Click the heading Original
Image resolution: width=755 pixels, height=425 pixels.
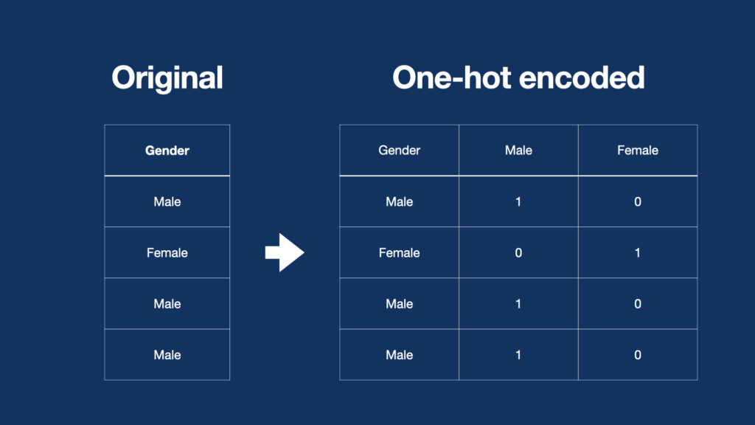(167, 77)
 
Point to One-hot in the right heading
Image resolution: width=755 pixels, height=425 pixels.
(450, 77)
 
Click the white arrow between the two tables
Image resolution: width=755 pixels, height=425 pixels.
(285, 253)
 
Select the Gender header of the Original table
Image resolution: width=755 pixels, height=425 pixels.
(167, 151)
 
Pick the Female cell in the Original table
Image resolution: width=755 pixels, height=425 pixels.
(167, 253)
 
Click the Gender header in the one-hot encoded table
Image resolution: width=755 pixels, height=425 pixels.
(399, 151)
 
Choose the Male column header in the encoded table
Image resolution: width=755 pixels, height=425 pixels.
(518, 151)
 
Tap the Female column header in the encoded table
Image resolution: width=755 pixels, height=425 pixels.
(637, 151)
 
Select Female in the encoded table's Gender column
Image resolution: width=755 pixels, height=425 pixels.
(399, 253)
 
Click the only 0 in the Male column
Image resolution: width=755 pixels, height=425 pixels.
(518, 253)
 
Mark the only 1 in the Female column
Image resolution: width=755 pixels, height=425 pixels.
(637, 253)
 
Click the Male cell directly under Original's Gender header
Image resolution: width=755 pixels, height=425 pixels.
(167, 201)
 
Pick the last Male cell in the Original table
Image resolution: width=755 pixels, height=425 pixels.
(167, 355)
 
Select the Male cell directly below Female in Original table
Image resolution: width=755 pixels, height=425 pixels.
(167, 304)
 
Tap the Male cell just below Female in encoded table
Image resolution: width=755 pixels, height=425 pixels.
(399, 304)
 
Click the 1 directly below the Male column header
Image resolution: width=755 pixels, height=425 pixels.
(518, 201)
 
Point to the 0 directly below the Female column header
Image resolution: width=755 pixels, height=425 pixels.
(637, 201)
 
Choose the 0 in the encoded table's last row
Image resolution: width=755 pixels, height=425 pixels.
(637, 355)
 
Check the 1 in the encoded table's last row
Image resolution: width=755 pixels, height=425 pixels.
(518, 355)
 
